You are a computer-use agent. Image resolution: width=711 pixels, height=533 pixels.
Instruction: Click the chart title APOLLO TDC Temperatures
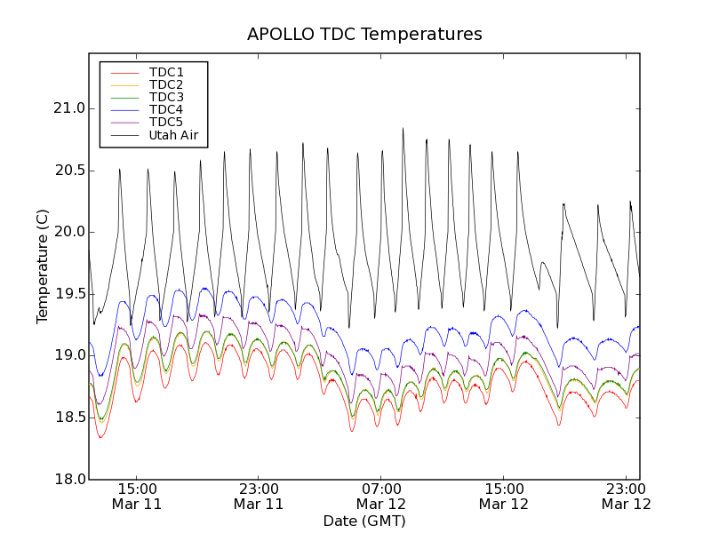364,35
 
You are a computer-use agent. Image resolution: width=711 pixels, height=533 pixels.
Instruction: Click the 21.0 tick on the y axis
68,108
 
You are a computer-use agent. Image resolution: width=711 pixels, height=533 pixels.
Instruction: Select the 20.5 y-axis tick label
68,171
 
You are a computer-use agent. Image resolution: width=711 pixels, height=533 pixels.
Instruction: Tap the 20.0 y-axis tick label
68,232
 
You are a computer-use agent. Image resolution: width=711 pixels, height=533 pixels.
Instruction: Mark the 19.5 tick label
68,294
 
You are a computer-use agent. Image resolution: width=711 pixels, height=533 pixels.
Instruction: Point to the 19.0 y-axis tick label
68,355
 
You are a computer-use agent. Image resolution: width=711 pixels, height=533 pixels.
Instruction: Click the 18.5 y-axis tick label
68,418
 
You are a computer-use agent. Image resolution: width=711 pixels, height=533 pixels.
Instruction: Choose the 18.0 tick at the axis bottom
68,479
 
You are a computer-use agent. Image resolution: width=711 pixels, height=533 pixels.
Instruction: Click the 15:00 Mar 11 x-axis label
136,496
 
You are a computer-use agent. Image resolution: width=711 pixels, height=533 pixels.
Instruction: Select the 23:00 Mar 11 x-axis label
259,496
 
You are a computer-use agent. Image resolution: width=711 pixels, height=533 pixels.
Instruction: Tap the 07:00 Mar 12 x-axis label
381,496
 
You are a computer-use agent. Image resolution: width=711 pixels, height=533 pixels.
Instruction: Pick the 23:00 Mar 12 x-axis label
626,496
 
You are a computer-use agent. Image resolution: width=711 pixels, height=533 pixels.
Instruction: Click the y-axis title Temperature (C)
43,266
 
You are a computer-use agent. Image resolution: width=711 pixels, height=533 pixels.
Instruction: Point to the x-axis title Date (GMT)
364,521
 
